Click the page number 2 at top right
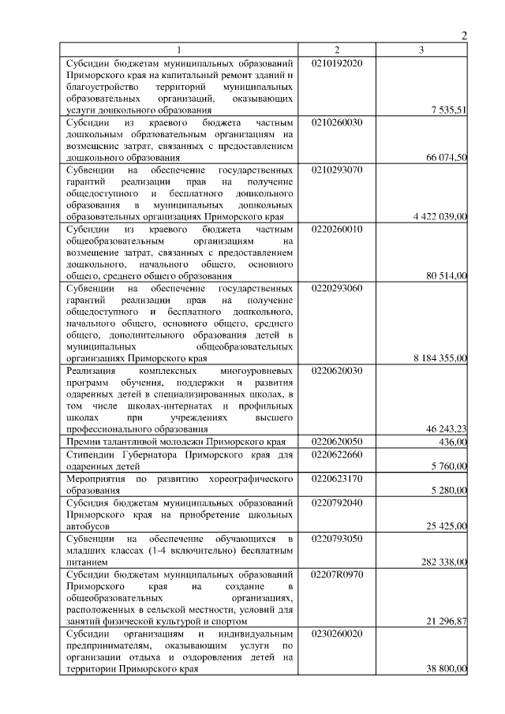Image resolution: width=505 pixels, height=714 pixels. (464, 35)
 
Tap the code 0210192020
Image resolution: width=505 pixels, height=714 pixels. (338, 62)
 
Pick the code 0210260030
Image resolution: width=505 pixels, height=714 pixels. (338, 123)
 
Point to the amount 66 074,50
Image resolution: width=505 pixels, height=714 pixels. (447, 159)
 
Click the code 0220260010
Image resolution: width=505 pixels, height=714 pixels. (338, 229)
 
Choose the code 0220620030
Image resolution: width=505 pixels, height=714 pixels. (338, 370)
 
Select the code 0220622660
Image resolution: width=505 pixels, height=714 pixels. (338, 454)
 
